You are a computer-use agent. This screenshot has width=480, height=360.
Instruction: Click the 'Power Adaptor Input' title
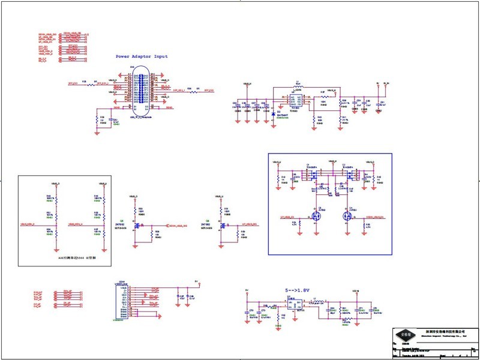[x=142, y=56]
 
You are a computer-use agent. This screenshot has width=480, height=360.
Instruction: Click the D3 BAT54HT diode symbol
[x=274, y=112]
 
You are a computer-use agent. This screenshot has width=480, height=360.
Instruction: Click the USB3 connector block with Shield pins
[x=122, y=300]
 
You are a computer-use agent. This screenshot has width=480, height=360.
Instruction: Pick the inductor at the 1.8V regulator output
[x=319, y=301]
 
